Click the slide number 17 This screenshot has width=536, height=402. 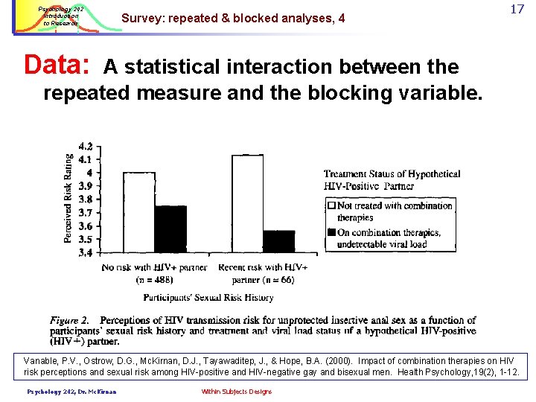[x=516, y=10]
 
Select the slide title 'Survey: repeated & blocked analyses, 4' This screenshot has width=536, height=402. [x=232, y=18]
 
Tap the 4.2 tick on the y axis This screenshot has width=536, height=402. [x=86, y=146]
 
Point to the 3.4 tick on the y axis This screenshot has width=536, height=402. [x=86, y=253]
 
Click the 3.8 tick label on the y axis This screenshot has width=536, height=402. [x=86, y=200]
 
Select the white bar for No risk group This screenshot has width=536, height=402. [x=138, y=212]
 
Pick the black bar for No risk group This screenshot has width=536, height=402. [x=170, y=229]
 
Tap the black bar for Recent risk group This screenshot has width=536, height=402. [x=279, y=241]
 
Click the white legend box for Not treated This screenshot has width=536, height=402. [x=331, y=205]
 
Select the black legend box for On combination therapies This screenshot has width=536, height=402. [x=331, y=232]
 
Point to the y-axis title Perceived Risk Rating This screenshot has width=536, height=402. [x=68, y=198]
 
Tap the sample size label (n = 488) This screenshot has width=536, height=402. [x=154, y=280]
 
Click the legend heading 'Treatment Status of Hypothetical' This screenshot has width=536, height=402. [x=392, y=174]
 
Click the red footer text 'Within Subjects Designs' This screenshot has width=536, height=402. [x=236, y=392]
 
